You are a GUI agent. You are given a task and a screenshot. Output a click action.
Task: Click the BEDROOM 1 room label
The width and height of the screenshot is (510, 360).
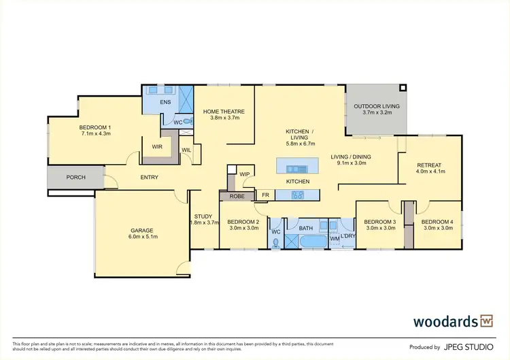(x=95, y=127)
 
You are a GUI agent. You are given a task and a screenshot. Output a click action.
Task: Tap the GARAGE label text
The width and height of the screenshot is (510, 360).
(x=142, y=230)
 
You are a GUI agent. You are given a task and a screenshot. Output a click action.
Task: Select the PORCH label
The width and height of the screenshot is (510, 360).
(x=75, y=178)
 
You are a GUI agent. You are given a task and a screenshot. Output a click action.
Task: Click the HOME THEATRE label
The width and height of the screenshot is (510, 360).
(x=224, y=112)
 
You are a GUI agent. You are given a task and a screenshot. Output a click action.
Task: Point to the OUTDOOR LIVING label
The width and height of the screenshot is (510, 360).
(x=376, y=107)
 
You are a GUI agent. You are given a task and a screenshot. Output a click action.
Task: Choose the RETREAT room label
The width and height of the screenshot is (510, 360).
(x=429, y=165)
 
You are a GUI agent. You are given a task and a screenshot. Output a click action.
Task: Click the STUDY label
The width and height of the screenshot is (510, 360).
(x=203, y=216)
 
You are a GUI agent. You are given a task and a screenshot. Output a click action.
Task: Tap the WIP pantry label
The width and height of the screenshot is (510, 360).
(x=245, y=174)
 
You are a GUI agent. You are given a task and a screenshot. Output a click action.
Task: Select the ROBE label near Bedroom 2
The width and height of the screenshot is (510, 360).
(x=237, y=196)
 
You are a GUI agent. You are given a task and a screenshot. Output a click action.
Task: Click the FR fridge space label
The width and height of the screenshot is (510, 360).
(x=265, y=195)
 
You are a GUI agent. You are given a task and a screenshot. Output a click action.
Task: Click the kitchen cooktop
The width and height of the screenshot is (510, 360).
(x=297, y=195)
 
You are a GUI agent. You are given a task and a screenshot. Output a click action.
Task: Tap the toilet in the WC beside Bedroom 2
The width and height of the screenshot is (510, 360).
(x=275, y=244)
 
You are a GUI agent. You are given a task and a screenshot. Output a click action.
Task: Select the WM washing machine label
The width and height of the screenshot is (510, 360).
(x=335, y=239)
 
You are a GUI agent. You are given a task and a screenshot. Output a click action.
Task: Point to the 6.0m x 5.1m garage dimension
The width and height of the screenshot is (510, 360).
(x=142, y=238)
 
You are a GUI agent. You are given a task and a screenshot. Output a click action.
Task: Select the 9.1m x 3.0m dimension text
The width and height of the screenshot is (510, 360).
(x=349, y=163)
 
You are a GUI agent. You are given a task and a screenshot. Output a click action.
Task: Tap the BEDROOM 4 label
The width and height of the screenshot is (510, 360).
(x=435, y=222)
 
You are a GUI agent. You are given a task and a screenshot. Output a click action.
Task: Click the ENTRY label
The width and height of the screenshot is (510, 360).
(x=149, y=178)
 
